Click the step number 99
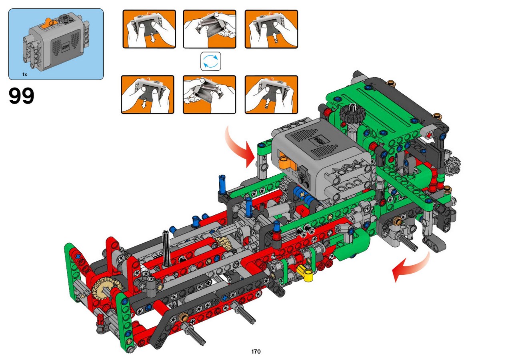22,96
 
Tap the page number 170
256,351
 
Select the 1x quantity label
25,74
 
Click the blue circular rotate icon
211,61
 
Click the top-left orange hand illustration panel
149,29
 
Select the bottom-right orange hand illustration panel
271,94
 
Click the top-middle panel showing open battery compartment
210,29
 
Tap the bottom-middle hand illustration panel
209,94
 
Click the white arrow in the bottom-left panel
144,103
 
